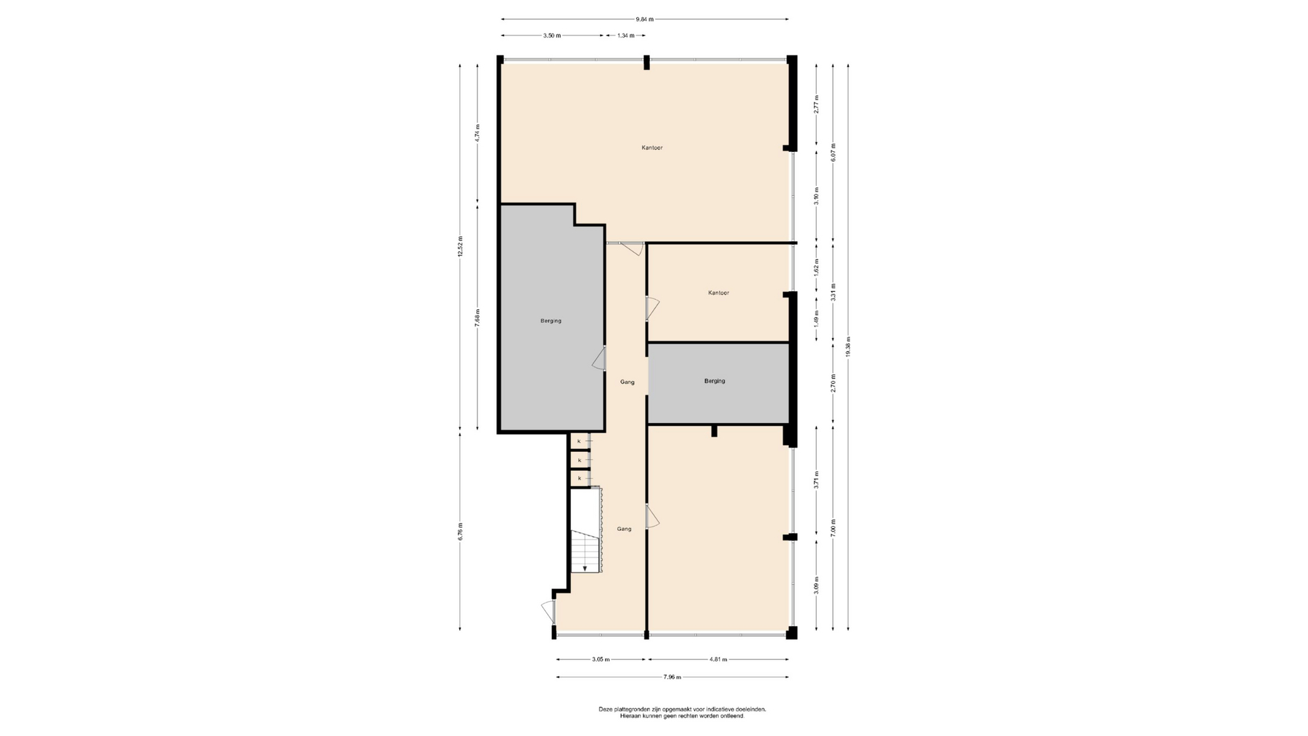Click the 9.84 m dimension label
645,19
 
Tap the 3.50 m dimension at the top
552,35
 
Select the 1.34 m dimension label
626,35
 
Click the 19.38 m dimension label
848,347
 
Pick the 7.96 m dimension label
672,677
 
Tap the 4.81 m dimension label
719,660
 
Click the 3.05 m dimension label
601,660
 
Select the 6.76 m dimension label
461,531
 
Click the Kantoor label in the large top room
652,148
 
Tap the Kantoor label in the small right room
719,293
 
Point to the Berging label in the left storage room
551,321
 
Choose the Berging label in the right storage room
715,381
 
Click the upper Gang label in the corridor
627,382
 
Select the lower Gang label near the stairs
624,529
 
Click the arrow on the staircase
585,568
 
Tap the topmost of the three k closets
580,442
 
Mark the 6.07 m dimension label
833,152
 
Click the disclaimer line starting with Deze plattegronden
682,709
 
